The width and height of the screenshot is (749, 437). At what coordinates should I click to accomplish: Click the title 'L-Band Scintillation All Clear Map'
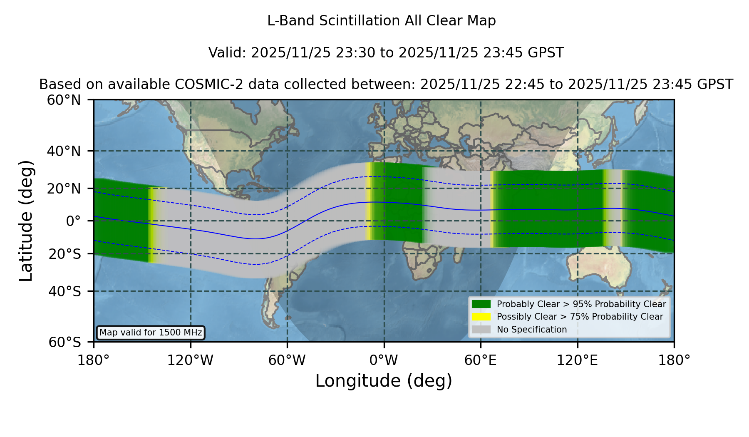[x=381, y=21]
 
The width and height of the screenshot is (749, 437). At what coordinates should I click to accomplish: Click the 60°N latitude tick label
[x=64, y=100]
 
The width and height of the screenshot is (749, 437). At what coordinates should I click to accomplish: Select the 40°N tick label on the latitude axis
[x=64, y=151]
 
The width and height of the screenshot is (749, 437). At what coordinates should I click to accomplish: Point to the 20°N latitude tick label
[x=64, y=189]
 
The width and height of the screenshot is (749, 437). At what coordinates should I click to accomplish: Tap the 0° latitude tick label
[x=73, y=221]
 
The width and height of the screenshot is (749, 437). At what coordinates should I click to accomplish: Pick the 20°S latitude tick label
[x=64, y=254]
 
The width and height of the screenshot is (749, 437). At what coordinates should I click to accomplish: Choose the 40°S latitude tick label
[x=64, y=291]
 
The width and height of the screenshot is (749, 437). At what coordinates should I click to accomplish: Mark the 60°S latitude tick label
[x=64, y=342]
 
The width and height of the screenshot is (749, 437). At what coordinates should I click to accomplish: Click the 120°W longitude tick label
[x=190, y=360]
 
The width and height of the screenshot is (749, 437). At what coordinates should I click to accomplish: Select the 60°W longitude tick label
[x=287, y=360]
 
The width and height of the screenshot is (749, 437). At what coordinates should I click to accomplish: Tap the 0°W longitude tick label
[x=384, y=360]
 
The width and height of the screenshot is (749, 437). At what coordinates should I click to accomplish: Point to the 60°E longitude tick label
[x=481, y=360]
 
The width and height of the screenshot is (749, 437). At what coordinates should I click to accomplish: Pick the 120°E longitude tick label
[x=577, y=360]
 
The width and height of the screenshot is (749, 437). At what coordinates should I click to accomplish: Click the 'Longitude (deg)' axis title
[x=384, y=381]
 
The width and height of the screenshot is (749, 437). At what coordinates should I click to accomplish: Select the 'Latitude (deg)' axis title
[x=26, y=221]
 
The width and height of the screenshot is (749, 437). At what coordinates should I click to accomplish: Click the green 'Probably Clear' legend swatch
[x=481, y=304]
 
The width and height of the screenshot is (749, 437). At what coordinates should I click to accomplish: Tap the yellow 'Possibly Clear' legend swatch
[x=481, y=317]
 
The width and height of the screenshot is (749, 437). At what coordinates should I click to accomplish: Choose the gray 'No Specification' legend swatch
[x=481, y=330]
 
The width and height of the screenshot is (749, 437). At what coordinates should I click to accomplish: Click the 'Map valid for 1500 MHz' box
[x=151, y=333]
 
